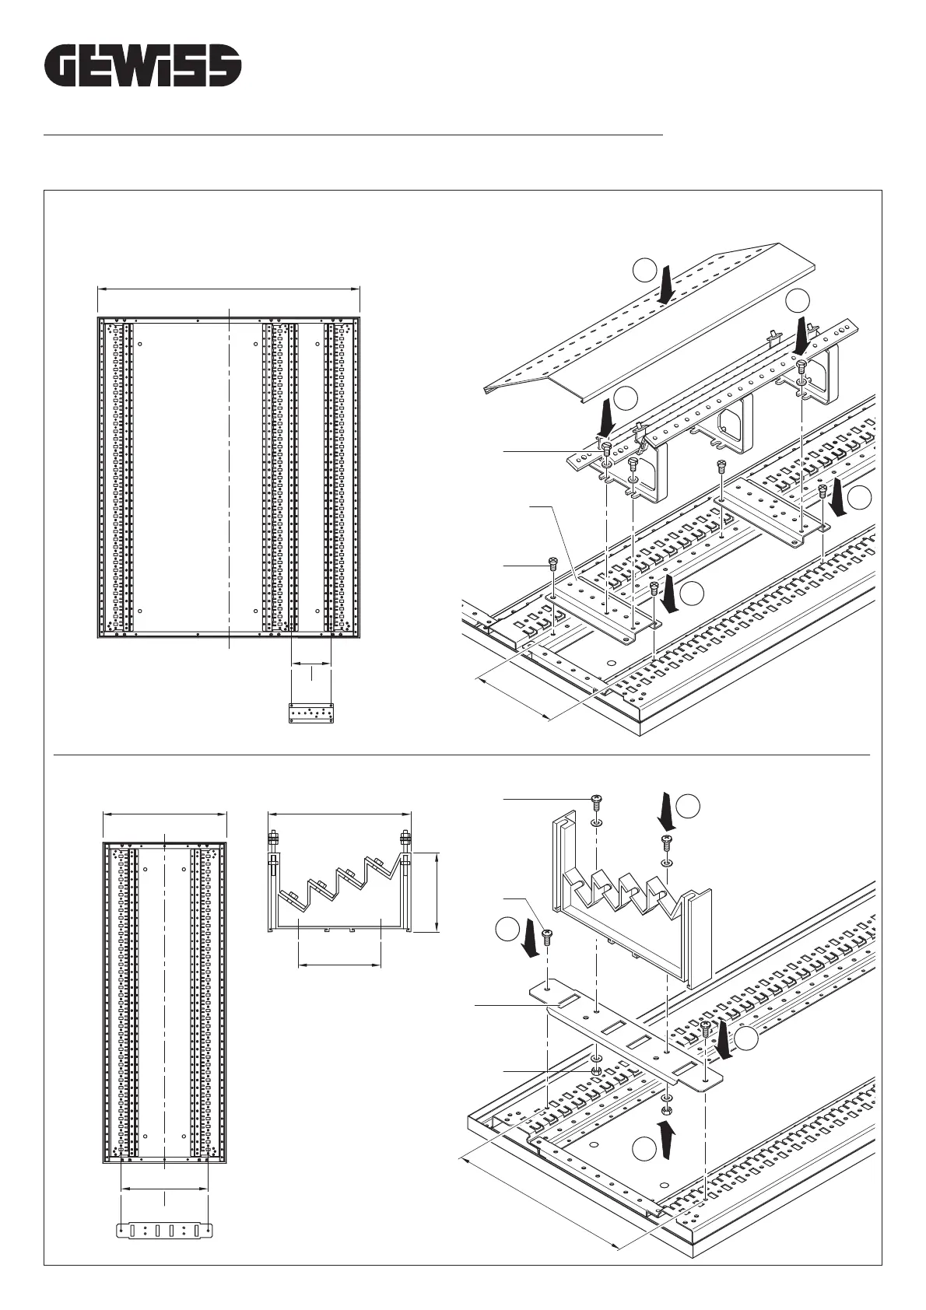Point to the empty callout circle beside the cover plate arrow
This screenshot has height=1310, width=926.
point(644,270)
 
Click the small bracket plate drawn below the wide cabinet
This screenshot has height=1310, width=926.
point(311,713)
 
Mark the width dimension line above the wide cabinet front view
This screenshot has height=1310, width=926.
point(228,289)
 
